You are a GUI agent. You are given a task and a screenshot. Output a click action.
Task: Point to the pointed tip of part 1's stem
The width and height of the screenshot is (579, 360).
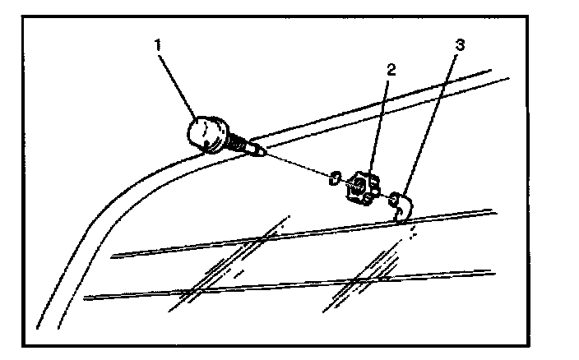click(x=261, y=150)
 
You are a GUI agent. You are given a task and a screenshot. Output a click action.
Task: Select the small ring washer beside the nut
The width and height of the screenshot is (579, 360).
click(x=336, y=178)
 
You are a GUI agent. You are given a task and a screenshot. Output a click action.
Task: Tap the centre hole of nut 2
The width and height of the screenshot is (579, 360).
click(x=358, y=188)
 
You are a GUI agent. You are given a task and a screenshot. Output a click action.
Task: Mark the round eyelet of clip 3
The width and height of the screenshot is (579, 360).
click(x=395, y=198)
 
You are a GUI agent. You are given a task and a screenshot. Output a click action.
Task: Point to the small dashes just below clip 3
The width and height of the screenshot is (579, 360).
click(x=413, y=233)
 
